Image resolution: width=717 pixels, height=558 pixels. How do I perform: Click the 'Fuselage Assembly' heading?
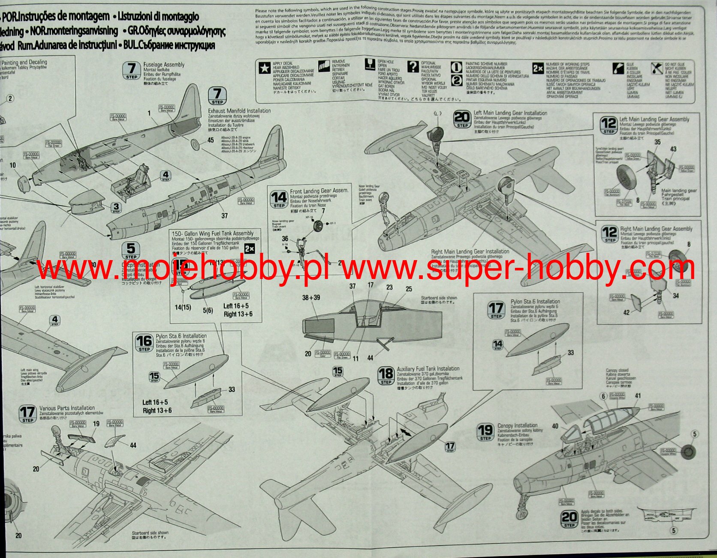(164, 65)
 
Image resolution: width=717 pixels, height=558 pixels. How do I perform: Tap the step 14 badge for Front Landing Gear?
(279, 199)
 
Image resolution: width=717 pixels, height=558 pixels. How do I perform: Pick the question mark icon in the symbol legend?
(413, 67)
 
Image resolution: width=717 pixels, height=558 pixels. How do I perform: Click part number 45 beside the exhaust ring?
(211, 140)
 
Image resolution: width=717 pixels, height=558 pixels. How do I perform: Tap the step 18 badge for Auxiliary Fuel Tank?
(386, 376)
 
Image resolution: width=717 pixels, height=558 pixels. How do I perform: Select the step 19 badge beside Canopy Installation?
(485, 432)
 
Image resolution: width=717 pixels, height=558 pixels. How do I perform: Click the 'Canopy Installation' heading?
(517, 425)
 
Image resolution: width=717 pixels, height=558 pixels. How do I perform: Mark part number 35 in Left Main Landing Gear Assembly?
(657, 142)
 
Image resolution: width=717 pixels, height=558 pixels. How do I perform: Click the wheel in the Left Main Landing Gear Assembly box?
(628, 178)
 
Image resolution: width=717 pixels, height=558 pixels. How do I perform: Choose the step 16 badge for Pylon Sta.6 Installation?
(144, 343)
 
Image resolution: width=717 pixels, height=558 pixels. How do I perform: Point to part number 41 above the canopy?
(638, 396)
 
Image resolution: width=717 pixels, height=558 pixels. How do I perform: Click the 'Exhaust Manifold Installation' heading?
(239, 111)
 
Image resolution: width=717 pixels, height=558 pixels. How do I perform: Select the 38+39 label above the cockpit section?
(311, 297)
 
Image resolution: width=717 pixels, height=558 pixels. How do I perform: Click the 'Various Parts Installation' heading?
(67, 408)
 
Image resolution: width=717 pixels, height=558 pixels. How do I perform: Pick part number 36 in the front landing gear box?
(285, 239)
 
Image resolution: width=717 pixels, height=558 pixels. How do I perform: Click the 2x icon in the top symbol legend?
(538, 68)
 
